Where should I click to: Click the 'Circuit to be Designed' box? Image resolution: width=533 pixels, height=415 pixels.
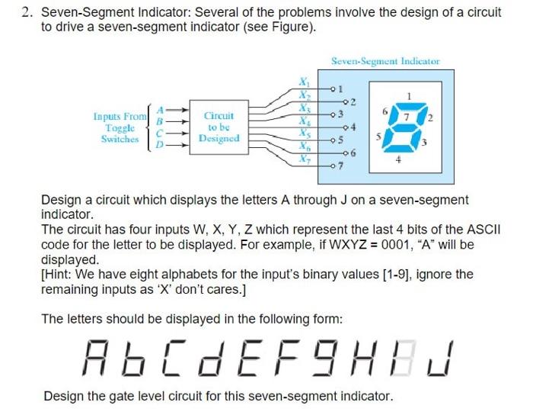tap(219, 127)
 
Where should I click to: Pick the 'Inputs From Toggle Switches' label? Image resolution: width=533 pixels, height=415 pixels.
tap(120, 127)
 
